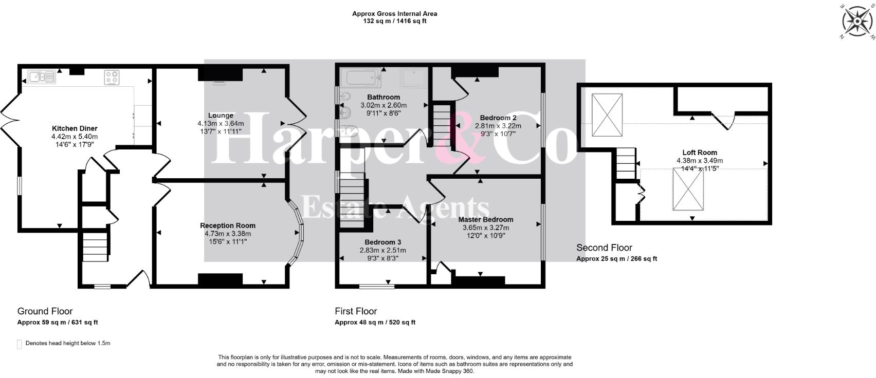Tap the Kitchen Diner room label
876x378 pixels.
coord(75,128)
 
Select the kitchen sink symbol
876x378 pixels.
coord(42,77)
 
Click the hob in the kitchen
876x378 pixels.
coord(112,77)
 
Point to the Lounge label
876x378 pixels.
coord(221,116)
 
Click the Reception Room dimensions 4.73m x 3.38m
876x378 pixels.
coord(227,233)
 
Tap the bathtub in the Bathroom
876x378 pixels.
coord(363,79)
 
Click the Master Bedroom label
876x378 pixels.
coord(485,219)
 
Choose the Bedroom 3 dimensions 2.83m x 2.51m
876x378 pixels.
coord(382,250)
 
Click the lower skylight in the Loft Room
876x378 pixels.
coord(688,189)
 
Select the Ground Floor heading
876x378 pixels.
coord(45,311)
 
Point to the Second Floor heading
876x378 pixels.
coord(604,248)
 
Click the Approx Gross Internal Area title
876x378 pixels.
coord(394,14)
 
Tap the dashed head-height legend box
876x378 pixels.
coord(20,344)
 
